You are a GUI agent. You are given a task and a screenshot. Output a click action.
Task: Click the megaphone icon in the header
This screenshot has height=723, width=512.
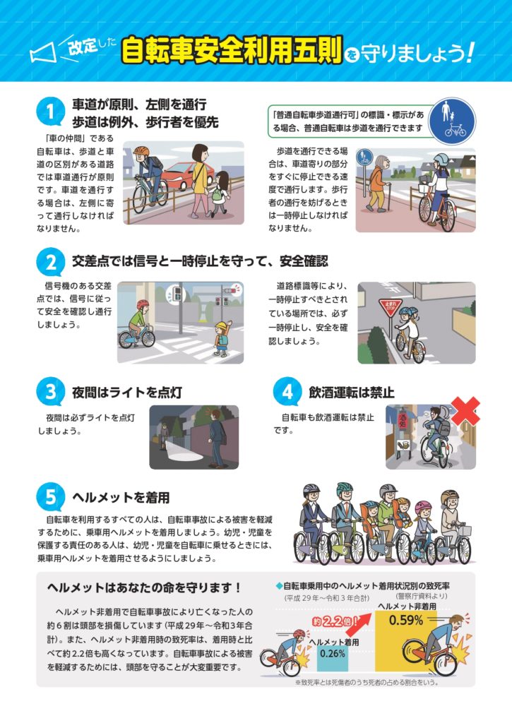43,52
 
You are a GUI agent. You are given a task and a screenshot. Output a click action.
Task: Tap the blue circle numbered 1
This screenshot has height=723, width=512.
50,112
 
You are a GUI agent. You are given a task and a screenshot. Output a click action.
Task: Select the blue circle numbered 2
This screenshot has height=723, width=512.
50,263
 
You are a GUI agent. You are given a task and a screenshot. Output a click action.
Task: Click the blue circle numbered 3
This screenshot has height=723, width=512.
50,393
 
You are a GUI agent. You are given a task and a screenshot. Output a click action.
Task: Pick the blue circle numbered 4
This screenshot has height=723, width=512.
287,393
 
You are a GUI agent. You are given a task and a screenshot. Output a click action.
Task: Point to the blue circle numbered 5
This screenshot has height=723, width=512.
50,498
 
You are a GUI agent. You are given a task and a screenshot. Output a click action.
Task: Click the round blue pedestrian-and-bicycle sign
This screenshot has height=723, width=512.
451,121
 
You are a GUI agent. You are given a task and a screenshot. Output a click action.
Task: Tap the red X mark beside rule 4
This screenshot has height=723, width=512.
465,411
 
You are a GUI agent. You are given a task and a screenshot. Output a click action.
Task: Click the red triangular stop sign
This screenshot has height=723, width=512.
390,306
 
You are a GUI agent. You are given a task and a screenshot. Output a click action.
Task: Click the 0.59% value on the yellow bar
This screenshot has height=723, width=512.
405,620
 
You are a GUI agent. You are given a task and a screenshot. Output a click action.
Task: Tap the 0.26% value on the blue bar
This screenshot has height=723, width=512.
332,653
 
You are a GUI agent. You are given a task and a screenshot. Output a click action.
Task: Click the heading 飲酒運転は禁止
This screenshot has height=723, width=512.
351,393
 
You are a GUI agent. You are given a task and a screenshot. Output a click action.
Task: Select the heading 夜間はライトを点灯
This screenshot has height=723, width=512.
127,393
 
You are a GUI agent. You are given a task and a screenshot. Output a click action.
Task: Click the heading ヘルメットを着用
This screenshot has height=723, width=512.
121,498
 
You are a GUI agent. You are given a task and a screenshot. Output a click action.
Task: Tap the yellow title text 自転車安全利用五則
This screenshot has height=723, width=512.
232,50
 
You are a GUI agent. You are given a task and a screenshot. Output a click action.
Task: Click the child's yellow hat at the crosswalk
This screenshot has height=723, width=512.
222,326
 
